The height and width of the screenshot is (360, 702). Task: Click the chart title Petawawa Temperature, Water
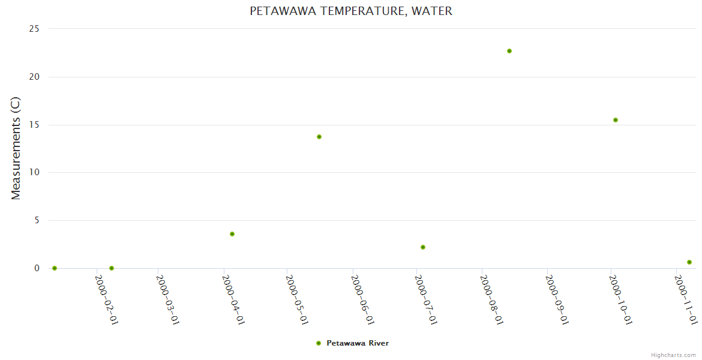pos(351,11)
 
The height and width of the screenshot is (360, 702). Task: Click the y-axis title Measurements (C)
pos(16,148)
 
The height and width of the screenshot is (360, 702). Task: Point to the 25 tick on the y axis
pos(35,29)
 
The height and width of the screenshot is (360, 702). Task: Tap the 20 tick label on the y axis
pos(35,77)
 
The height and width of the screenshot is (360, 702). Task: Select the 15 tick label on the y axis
pos(35,125)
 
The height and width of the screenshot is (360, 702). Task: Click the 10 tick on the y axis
pos(35,172)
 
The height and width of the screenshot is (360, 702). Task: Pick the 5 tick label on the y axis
pos(37,220)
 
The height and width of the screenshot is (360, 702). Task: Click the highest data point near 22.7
pos(509,51)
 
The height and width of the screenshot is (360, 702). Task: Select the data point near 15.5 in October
pos(616,120)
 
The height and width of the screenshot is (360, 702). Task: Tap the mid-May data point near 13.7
pos(319,137)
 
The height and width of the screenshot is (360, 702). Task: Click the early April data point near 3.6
pos(232,234)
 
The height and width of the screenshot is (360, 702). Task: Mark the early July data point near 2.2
pos(423,247)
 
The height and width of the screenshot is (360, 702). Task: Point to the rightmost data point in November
pos(689,262)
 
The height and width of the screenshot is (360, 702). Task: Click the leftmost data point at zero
pos(55,268)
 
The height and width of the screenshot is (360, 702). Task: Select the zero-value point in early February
pos(112,268)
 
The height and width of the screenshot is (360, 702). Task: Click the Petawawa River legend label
pos(358,343)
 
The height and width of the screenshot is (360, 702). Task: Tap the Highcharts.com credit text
pos(673,355)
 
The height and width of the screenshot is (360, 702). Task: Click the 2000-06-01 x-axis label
pos(363,299)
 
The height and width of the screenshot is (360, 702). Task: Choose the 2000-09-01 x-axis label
pos(557,299)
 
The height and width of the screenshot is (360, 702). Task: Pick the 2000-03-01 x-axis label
pos(168,299)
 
